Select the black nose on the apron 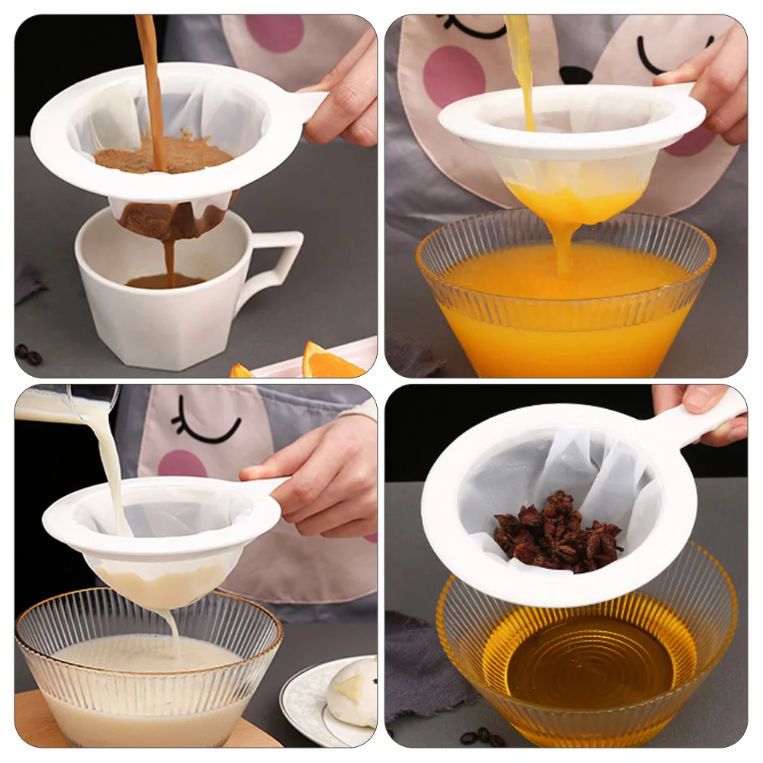(x=576, y=75)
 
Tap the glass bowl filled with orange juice (x=565, y=305)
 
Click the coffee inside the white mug (x=164, y=281)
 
